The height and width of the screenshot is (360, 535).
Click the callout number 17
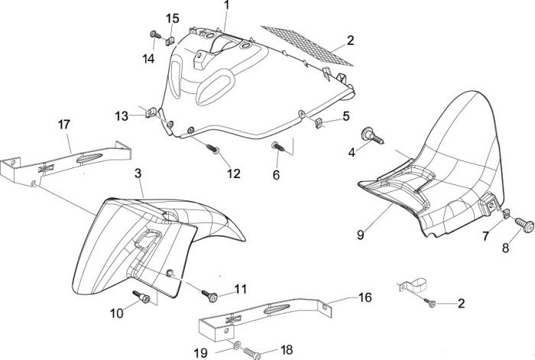coord(63,125)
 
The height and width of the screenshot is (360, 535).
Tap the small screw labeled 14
coord(156,34)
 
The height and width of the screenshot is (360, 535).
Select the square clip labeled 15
coord(170,41)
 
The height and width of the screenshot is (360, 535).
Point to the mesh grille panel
coord(307,45)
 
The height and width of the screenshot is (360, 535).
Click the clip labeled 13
coord(151,112)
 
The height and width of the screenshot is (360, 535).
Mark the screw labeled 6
coord(278,147)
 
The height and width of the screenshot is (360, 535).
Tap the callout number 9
coord(360,235)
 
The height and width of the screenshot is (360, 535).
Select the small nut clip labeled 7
coord(507,213)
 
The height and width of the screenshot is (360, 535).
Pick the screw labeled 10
coord(141,297)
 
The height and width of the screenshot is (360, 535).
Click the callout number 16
coord(365,297)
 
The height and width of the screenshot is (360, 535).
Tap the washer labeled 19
coord(236,345)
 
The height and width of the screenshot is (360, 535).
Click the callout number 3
coord(138,174)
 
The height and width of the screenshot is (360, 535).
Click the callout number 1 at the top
coord(227,5)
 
